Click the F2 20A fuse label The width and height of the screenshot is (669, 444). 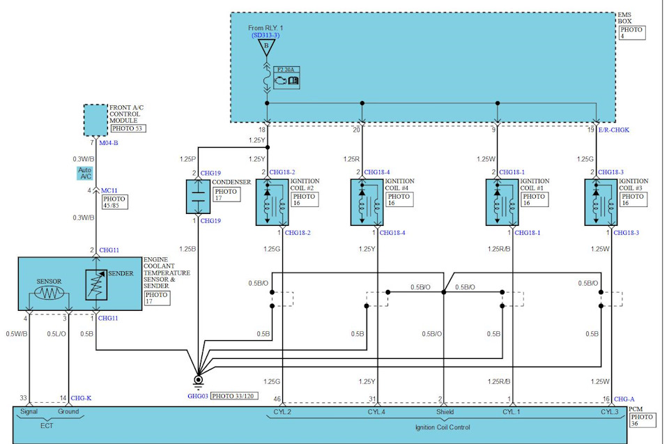click(x=286, y=70)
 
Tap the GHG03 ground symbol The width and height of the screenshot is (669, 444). click(x=198, y=381)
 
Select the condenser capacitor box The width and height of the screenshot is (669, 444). click(x=198, y=197)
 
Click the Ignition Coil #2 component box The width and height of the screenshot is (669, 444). click(x=272, y=202)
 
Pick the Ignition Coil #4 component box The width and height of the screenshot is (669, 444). click(x=367, y=202)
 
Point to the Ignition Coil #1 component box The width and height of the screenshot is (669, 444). click(x=502, y=202)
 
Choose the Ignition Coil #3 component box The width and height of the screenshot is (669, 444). click(x=601, y=202)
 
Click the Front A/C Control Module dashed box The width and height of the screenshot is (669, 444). click(x=95, y=121)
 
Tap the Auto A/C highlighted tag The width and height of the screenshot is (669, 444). click(x=85, y=173)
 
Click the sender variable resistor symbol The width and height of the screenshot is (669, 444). click(x=96, y=285)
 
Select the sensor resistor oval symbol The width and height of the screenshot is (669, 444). click(x=49, y=293)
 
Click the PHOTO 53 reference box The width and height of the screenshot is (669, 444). click(x=128, y=128)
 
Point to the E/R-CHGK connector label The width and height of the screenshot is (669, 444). click(x=613, y=130)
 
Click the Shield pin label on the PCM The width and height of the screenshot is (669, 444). click(x=445, y=412)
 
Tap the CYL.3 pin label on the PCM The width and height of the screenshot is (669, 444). click(x=609, y=412)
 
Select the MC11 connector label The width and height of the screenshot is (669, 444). click(x=109, y=190)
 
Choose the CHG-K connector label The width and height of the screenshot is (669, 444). click(x=81, y=398)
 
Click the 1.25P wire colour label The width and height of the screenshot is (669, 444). click(x=187, y=159)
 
